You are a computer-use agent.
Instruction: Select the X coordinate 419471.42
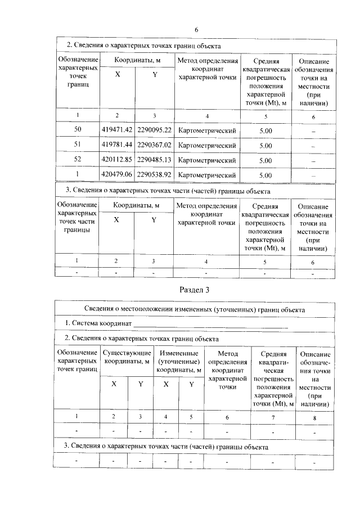pyautogui.click(x=117, y=130)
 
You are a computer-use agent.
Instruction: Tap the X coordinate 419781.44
pyautogui.click(x=117, y=145)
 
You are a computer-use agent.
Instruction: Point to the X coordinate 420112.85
pyautogui.click(x=117, y=160)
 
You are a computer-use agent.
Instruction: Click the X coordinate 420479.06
pyautogui.click(x=117, y=175)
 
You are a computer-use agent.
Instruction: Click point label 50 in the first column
pyautogui.click(x=78, y=130)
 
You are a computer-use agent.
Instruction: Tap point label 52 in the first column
pyautogui.click(x=78, y=160)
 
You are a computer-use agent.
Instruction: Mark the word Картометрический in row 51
pyautogui.click(x=206, y=145)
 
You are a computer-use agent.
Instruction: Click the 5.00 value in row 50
pyautogui.click(x=265, y=130)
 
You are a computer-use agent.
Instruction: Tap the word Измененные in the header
pyautogui.click(x=179, y=353)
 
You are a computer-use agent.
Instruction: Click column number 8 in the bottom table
pyautogui.click(x=314, y=417)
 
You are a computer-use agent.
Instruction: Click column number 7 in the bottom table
pyautogui.click(x=272, y=417)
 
